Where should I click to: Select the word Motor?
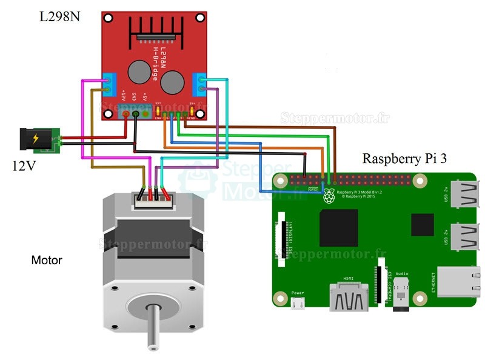47,261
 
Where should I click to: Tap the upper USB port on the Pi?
463,195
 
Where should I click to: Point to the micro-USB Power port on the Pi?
297,303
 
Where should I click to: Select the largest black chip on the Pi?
338,228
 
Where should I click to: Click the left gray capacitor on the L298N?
139,72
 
